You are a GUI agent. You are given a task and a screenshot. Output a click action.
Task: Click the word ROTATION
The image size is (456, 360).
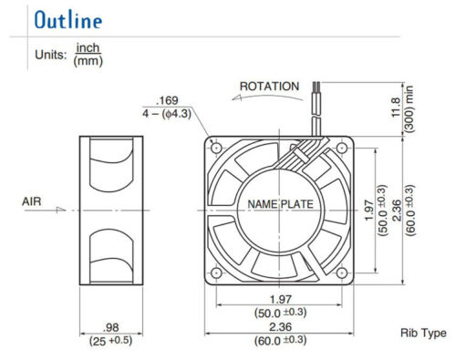pyautogui.click(x=269, y=87)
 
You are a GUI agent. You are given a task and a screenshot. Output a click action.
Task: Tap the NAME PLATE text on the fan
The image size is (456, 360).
pyautogui.click(x=279, y=206)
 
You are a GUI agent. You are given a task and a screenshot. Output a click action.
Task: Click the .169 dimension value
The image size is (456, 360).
pyautogui.click(x=167, y=100)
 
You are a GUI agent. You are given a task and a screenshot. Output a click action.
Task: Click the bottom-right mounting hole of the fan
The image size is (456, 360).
pyautogui.click(x=344, y=273)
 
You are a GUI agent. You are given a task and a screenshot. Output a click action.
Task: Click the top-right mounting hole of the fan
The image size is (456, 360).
pyautogui.click(x=344, y=144)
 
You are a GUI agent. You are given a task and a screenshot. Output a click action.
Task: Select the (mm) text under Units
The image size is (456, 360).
pyautogui.click(x=88, y=62)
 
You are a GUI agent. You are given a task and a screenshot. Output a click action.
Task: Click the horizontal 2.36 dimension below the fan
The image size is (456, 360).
pyautogui.click(x=279, y=329)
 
